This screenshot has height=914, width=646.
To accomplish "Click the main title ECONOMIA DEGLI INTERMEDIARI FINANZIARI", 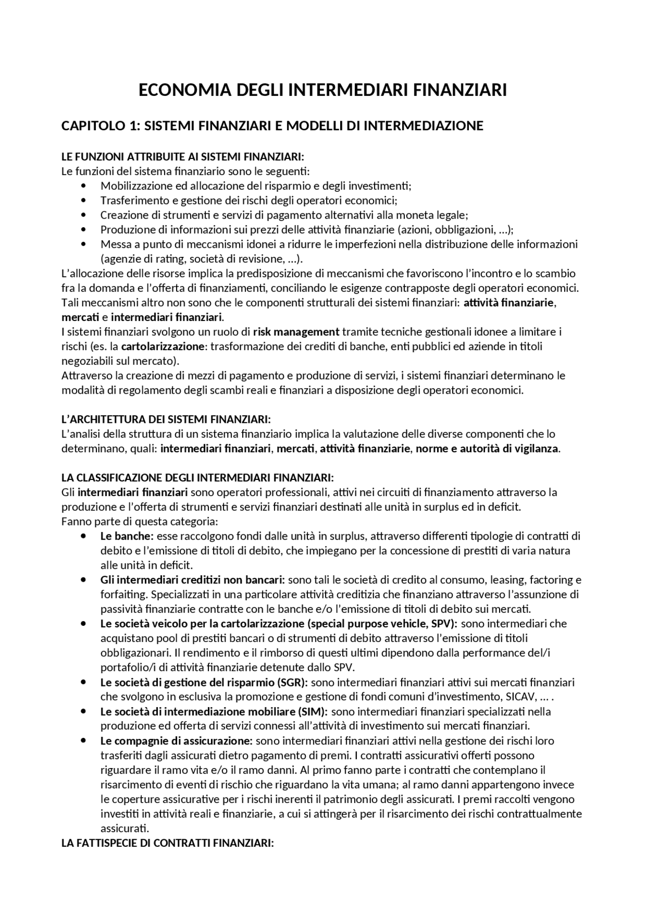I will click(x=322, y=91).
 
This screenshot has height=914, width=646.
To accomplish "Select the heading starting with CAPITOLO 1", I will click(x=272, y=126).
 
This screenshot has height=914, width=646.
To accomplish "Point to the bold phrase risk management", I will click(x=296, y=332).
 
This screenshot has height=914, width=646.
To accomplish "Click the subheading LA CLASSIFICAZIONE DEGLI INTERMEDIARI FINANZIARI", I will click(x=197, y=477).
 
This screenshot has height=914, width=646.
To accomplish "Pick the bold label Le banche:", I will click(x=127, y=536).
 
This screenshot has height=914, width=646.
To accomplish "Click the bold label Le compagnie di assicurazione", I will click(x=176, y=741).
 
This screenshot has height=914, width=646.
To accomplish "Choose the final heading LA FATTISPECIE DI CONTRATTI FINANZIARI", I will click(x=168, y=843).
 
